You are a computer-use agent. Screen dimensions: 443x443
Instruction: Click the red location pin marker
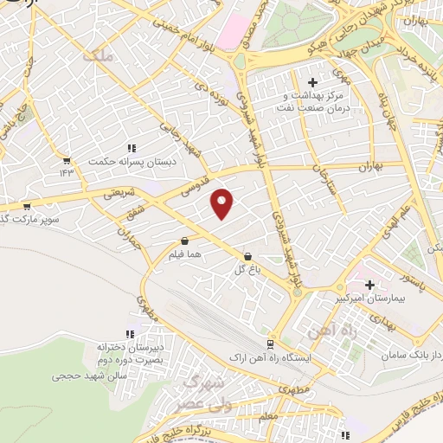223,203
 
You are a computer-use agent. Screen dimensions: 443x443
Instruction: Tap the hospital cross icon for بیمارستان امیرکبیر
370,285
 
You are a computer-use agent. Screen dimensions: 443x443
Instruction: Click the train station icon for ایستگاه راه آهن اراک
271,343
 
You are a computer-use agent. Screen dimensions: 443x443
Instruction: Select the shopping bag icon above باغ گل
249,257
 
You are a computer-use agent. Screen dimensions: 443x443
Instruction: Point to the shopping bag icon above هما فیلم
184,242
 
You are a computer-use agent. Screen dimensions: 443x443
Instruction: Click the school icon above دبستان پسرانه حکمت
132,148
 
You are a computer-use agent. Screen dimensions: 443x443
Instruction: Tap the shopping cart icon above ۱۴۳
67,160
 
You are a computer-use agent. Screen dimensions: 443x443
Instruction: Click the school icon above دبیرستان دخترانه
131,334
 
